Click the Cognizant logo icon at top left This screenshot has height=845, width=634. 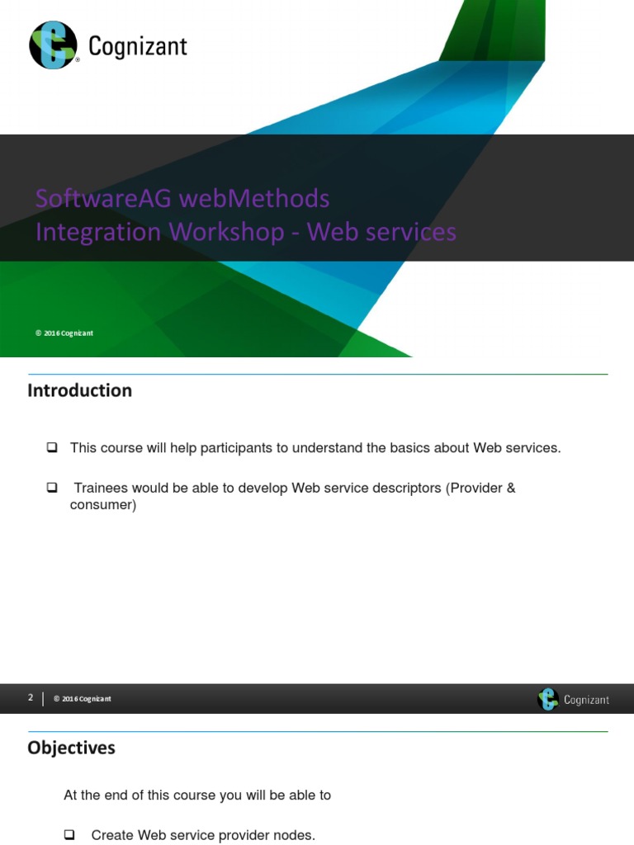pyautogui.click(x=53, y=45)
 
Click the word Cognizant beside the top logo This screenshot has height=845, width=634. pyautogui.click(x=137, y=47)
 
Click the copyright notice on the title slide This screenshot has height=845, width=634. pyautogui.click(x=64, y=333)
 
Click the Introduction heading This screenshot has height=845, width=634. pyautogui.click(x=79, y=390)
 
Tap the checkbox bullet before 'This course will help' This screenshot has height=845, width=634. pyautogui.click(x=52, y=447)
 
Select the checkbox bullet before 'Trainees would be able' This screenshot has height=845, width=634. pyautogui.click(x=52, y=488)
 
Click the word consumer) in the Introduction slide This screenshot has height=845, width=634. pyautogui.click(x=102, y=504)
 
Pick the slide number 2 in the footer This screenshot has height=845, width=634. pyautogui.click(x=31, y=697)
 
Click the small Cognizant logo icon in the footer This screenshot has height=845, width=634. pyautogui.click(x=547, y=700)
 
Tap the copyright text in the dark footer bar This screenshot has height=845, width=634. pyautogui.click(x=82, y=699)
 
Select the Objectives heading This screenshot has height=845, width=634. pyautogui.click(x=71, y=748)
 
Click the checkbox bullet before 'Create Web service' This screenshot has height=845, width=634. pyautogui.click(x=69, y=835)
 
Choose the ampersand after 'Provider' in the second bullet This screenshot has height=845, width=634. pyautogui.click(x=510, y=488)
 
